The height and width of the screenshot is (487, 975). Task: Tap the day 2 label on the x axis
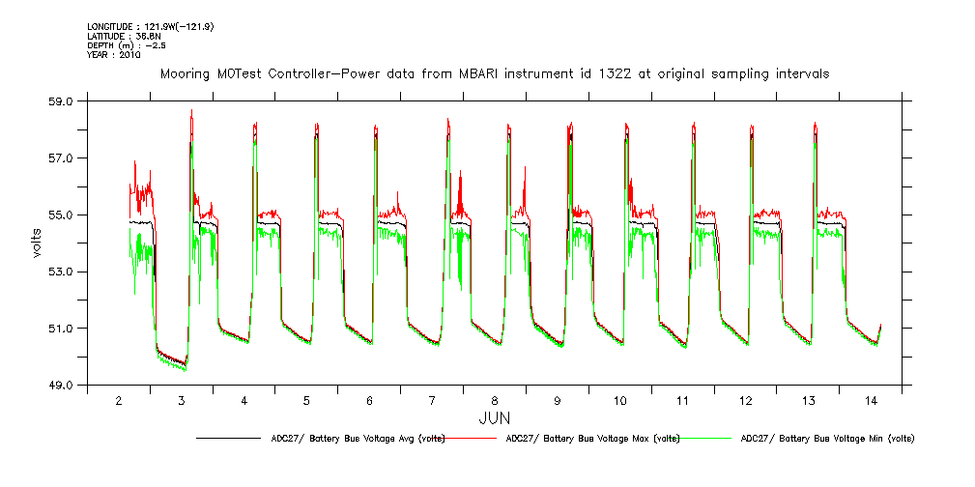click(119, 401)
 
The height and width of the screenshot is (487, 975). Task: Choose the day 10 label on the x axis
click(619, 401)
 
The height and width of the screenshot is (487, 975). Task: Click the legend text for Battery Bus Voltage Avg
click(358, 439)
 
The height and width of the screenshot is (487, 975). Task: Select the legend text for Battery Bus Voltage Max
click(592, 439)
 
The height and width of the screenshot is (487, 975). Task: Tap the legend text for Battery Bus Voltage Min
click(827, 439)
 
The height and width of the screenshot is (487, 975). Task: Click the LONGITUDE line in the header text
click(150, 26)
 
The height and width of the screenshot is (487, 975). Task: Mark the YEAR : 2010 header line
click(114, 55)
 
